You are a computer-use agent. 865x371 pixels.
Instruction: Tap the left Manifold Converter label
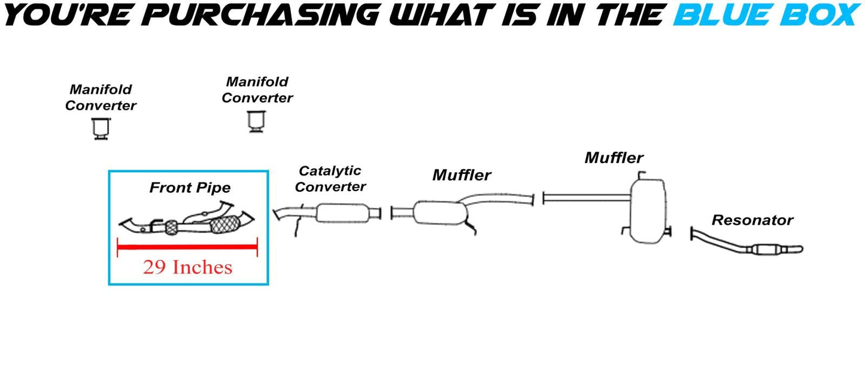[101, 98]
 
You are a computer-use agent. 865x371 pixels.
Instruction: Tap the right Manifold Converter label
[257, 90]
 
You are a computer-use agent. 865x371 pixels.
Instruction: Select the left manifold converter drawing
[101, 129]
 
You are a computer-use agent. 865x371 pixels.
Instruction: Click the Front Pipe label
[190, 188]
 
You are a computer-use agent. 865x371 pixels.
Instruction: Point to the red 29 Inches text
[187, 267]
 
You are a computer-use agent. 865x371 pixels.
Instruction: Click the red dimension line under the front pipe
[187, 246]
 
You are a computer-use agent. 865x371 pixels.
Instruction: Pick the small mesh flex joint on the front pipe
[171, 227]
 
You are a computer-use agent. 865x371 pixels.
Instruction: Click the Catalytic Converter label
[330, 179]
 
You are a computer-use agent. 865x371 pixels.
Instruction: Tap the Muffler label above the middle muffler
[462, 175]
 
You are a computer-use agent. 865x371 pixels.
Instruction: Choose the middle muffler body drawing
[440, 213]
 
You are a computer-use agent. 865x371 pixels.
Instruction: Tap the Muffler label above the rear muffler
[614, 158]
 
